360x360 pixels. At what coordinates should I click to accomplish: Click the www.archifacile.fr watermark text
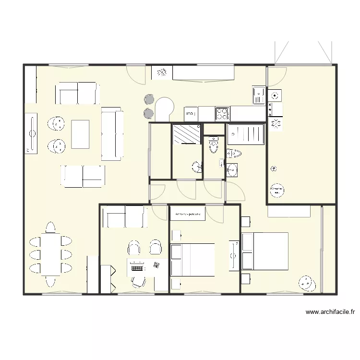330,312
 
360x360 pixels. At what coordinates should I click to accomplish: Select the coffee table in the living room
81,134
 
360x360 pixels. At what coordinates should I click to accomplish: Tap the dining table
50,254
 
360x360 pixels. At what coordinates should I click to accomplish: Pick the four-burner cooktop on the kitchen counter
222,114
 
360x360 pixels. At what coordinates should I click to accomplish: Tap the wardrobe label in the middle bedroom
188,214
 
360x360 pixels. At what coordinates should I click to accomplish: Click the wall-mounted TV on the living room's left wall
31,134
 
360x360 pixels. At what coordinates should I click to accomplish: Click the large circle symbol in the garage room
277,191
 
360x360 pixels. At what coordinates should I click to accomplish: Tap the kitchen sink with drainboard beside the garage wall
259,95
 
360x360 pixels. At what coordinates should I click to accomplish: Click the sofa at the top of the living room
78,93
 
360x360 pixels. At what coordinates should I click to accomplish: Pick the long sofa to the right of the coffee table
112,135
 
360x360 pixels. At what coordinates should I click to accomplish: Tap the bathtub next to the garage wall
246,134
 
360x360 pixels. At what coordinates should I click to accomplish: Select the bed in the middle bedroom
192,260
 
